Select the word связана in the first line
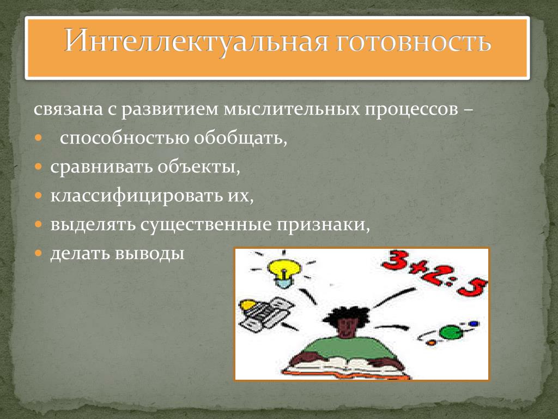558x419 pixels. pos(68,109)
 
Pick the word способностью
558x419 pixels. pos(124,138)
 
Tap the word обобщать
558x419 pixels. pos(240,139)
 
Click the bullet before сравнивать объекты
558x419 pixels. pos(39,166)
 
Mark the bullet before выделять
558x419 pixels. pos(39,224)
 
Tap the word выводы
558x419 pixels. pos(149,254)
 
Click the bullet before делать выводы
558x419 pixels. pos(39,253)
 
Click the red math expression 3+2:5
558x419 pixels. pos(434,273)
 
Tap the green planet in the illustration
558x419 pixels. pos(451,332)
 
